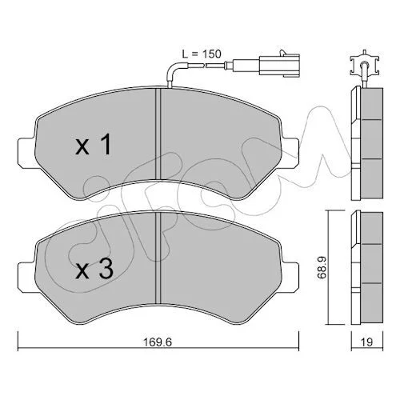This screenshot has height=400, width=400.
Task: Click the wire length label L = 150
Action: (202, 54)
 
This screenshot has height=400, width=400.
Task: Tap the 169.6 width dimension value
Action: (158, 342)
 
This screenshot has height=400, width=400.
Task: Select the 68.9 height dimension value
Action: (322, 267)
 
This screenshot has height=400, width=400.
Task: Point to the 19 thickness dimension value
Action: (367, 342)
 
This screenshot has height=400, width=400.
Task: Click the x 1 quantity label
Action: (93, 145)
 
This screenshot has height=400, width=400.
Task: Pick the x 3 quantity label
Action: (94, 270)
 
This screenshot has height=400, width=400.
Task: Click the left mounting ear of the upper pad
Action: (26, 153)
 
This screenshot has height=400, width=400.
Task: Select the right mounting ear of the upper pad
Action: (290, 153)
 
